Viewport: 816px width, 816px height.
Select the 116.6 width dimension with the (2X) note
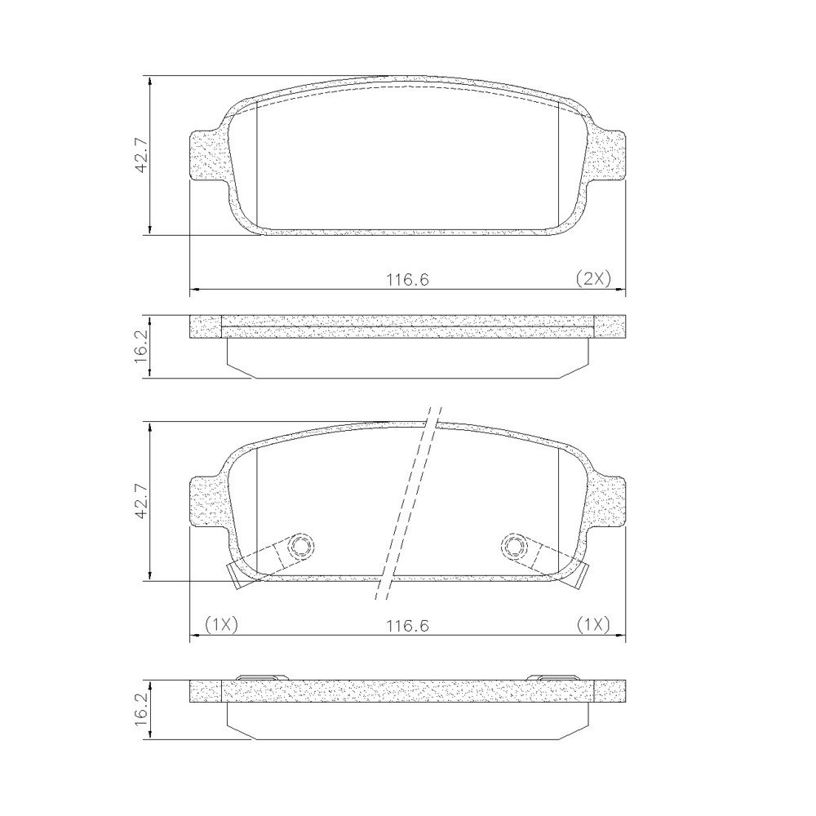pos(407,280)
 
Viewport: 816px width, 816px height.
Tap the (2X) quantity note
pos(592,279)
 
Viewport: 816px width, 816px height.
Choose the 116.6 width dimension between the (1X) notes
pos(407,626)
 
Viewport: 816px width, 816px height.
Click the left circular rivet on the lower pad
pos(301,546)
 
